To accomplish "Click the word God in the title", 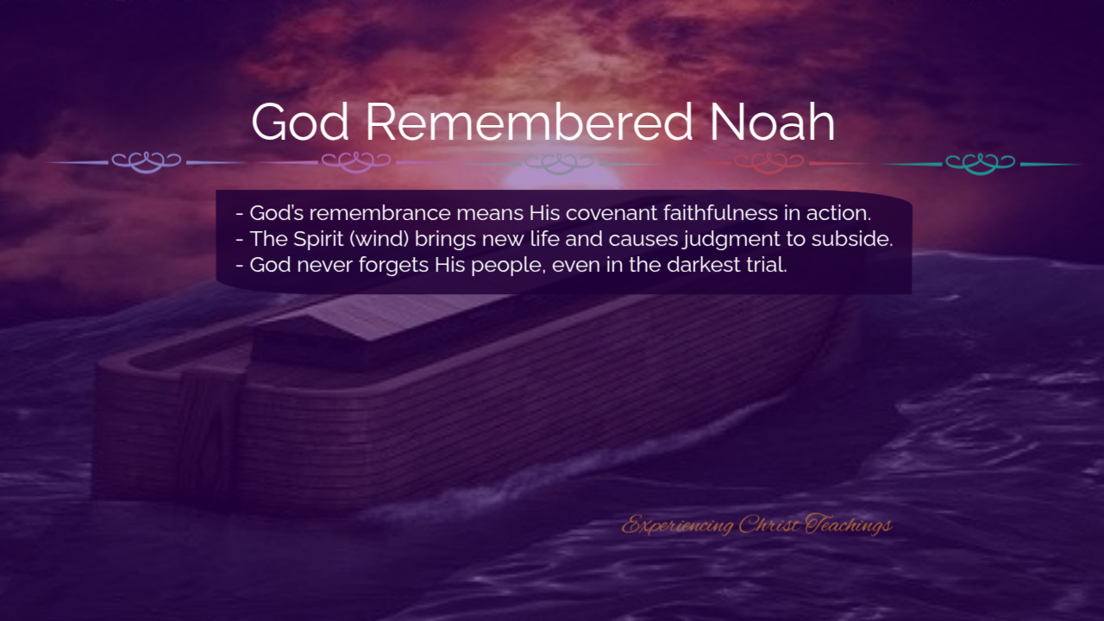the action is [300, 122].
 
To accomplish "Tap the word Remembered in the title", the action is [530, 122].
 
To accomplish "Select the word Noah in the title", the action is [772, 122].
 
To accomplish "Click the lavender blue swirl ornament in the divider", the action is [147, 162].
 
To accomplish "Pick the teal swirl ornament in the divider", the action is [981, 163].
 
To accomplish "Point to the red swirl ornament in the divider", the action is [768, 163].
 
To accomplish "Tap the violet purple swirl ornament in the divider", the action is [356, 162].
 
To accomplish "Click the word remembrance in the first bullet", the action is [380, 213].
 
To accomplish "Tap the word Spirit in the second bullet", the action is [318, 240].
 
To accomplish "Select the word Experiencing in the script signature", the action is [678, 525].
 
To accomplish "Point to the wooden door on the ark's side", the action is [210, 434].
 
